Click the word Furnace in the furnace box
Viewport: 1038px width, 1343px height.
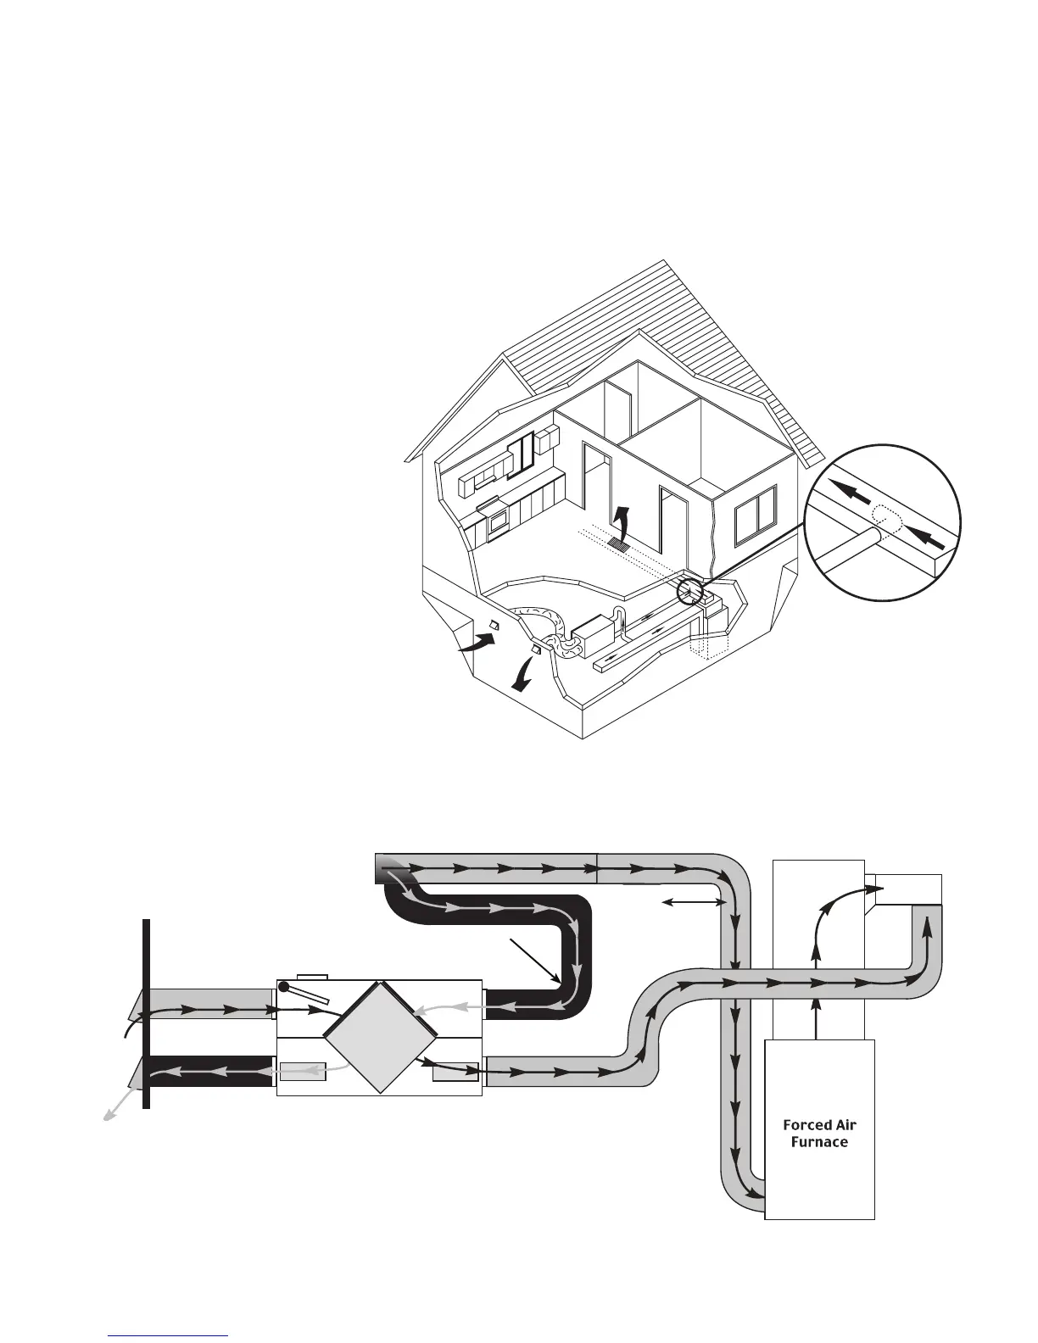pyautogui.click(x=819, y=1142)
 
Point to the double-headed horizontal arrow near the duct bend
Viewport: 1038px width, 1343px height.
pyautogui.click(x=694, y=903)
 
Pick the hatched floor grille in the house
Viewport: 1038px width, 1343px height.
pyautogui.click(x=620, y=546)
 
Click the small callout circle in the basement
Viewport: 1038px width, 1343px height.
pyautogui.click(x=692, y=590)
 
